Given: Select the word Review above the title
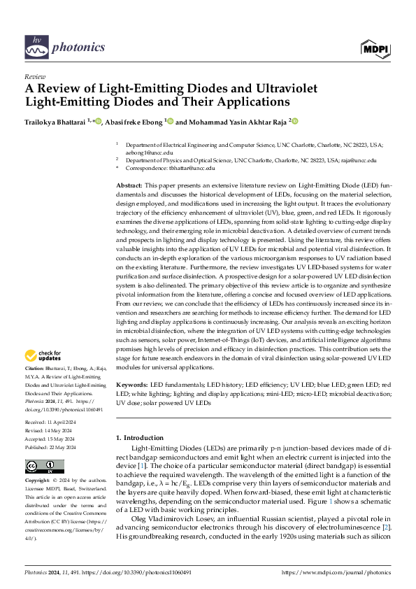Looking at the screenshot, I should click(34, 76).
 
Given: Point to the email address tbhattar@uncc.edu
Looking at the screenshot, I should click(190, 169).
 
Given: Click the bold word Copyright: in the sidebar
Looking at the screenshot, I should click(37, 482).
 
